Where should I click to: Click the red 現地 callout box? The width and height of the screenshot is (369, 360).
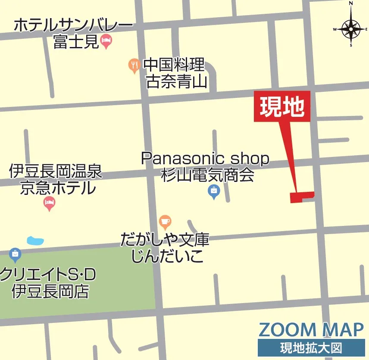click(282, 106)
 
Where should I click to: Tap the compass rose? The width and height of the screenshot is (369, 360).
click(351, 29)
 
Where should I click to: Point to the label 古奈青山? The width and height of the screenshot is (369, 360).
click(176, 81)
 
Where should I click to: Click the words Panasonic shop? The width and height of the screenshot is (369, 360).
click(205, 159)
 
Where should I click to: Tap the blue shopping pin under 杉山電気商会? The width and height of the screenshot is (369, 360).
click(214, 191)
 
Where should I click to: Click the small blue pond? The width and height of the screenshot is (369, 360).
click(35, 241)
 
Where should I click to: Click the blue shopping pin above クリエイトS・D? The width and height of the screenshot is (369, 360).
click(15, 255)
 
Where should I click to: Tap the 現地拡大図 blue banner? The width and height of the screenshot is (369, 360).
click(311, 347)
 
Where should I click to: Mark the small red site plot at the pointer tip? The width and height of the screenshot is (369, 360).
click(301, 197)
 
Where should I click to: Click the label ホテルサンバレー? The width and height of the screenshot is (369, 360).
click(73, 25)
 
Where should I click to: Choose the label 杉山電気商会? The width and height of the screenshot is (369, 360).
click(207, 175)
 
